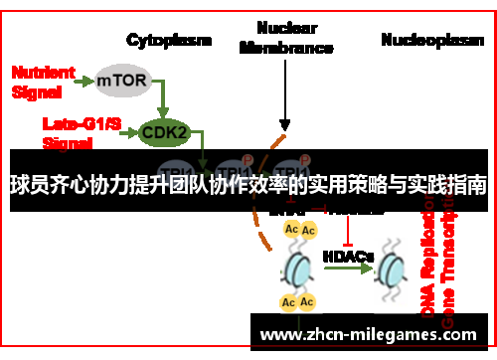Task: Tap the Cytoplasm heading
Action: tap(168, 41)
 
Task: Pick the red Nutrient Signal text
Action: tap(42, 81)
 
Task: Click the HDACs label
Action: tap(348, 257)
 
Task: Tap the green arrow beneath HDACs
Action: tap(349, 271)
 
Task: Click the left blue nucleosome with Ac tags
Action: tap(299, 267)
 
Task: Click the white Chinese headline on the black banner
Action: tap(248, 185)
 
